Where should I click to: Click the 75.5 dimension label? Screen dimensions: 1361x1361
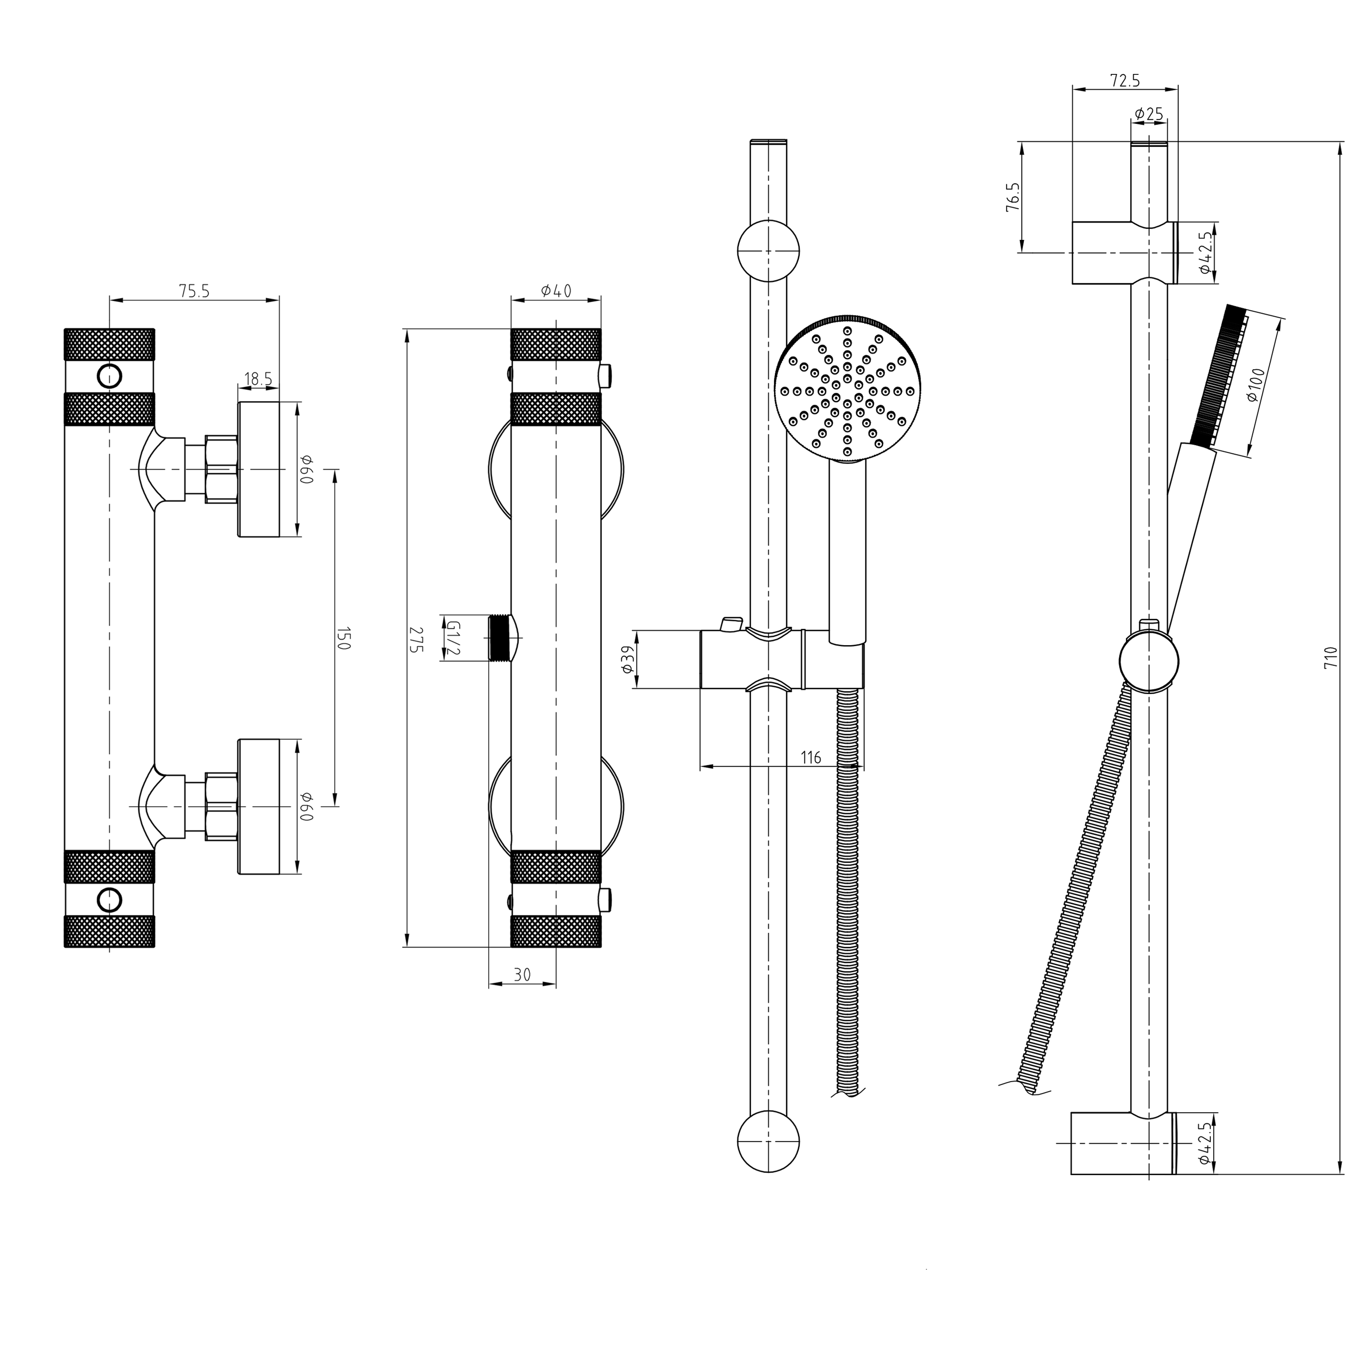pyautogui.click(x=195, y=291)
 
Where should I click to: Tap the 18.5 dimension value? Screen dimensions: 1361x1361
pyautogui.click(x=258, y=379)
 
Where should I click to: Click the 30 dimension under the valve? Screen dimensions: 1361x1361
pyautogui.click(x=522, y=974)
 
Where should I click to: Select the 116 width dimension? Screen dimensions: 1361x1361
pyautogui.click(x=811, y=757)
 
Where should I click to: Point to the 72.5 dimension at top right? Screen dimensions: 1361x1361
pyautogui.click(x=1125, y=80)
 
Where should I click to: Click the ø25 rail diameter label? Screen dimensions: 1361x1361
pyautogui.click(x=1149, y=113)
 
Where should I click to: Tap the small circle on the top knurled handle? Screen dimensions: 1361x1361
pyautogui.click(x=110, y=376)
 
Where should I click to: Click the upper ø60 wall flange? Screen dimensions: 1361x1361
pyautogui.click(x=259, y=469)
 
